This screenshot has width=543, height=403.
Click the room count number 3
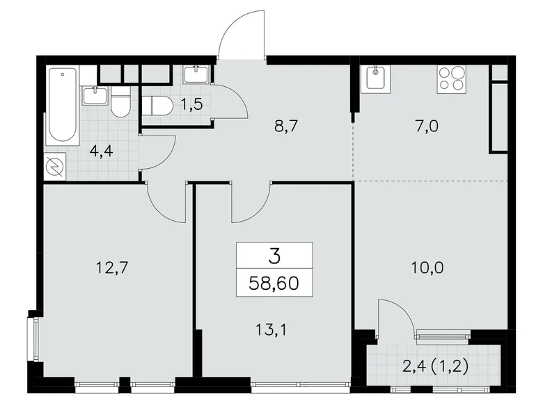click(x=274, y=256)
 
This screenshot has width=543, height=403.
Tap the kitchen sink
click(x=377, y=77)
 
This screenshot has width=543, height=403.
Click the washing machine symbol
click(x=54, y=167)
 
